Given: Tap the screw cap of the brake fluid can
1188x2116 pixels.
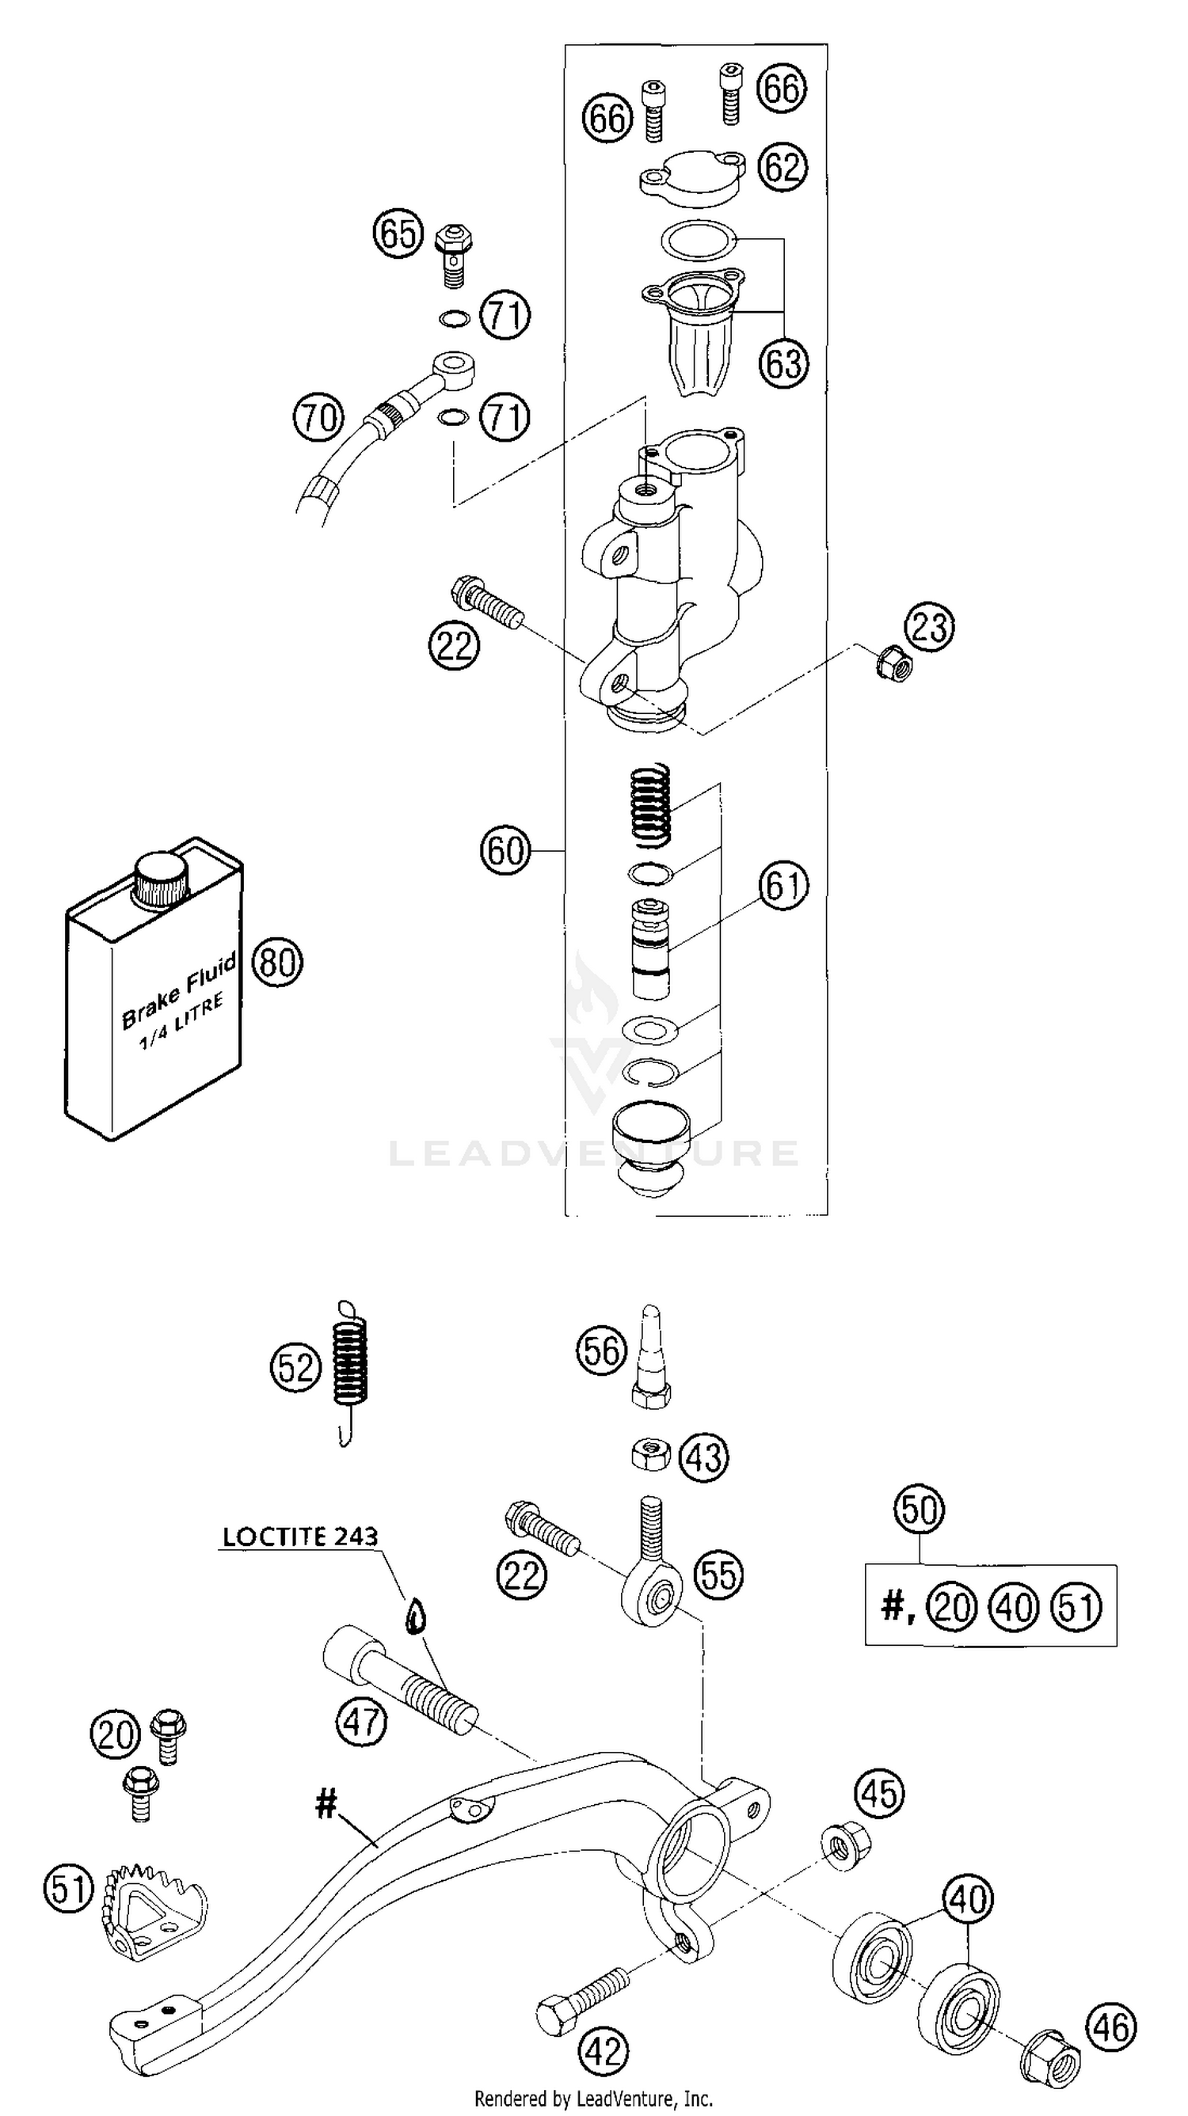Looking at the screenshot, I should tap(162, 879).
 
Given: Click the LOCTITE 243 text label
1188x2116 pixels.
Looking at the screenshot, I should tap(301, 1537).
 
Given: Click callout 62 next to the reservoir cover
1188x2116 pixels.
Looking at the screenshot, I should tap(782, 168).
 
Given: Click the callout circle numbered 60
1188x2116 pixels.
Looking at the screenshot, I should tap(505, 850).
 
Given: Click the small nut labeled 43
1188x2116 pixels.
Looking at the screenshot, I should tap(651, 1455).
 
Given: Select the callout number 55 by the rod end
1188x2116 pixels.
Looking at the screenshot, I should tap(720, 1575).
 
